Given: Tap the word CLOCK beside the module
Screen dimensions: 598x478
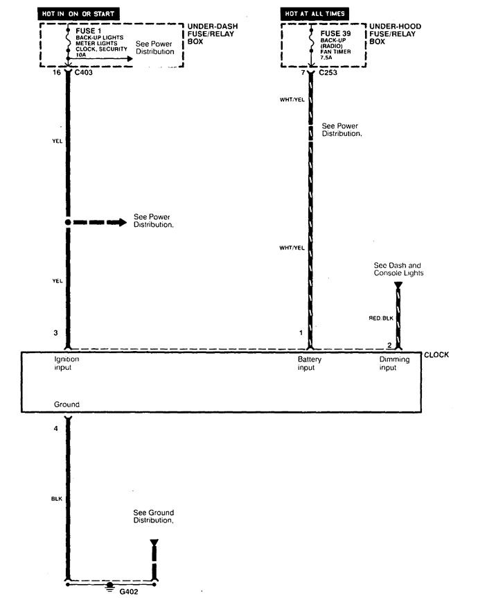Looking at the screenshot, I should [436, 354].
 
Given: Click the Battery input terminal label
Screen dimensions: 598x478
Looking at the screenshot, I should [309, 364].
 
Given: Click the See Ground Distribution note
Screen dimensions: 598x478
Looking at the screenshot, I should [153, 515].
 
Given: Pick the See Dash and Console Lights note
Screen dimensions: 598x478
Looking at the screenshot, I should [398, 269].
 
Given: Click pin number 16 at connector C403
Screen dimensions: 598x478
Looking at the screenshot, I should [56, 71].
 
